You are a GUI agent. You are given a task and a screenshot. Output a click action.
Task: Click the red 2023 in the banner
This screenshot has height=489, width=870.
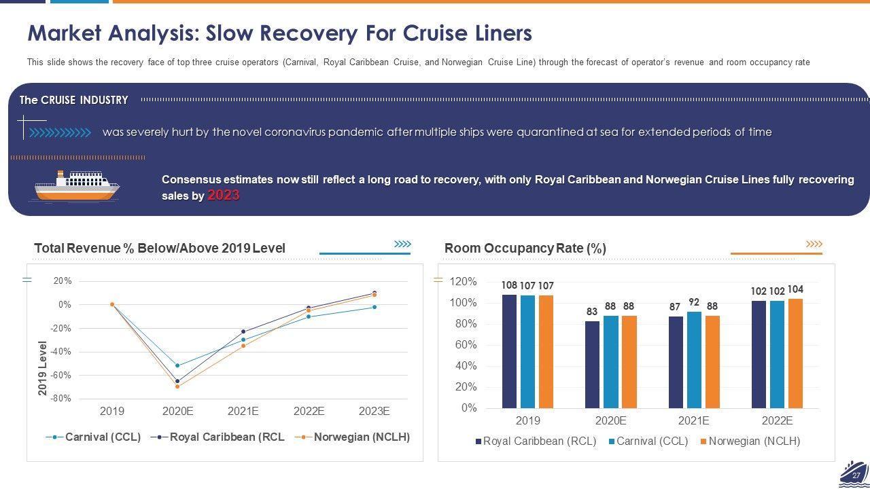pyautogui.click(x=224, y=196)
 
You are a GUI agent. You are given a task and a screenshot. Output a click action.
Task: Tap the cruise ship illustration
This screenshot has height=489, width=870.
pyautogui.click(x=77, y=185)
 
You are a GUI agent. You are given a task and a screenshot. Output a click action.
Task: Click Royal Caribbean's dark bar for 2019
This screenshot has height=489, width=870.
pyautogui.click(x=509, y=351)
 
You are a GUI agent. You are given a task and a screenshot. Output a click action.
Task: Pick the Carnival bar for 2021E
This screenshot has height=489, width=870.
pyautogui.click(x=694, y=360)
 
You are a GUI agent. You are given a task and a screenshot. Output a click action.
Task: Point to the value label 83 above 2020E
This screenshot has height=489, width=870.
pyautogui.click(x=592, y=312)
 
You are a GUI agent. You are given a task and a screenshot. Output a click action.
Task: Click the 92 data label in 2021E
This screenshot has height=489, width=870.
pyautogui.click(x=694, y=302)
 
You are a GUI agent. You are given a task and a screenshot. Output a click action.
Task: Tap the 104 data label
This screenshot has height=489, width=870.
pyautogui.click(x=795, y=289)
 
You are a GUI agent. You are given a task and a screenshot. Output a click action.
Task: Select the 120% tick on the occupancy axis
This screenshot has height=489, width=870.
pyautogui.click(x=464, y=281)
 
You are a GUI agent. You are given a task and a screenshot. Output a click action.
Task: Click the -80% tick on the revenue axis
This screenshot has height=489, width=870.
pyautogui.click(x=61, y=399)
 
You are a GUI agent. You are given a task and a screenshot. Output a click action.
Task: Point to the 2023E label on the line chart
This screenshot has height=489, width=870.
pyautogui.click(x=374, y=412)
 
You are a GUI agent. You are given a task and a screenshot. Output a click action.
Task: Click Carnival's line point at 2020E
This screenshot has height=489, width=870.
pyautogui.click(x=177, y=365)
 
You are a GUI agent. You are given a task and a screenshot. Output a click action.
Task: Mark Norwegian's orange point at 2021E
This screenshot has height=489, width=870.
pyautogui.click(x=243, y=346)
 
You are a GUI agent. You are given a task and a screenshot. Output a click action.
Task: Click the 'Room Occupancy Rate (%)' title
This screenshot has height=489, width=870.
pyautogui.click(x=525, y=249)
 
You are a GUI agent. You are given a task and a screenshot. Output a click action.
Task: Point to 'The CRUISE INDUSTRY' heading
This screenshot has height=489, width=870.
pyautogui.click(x=73, y=100)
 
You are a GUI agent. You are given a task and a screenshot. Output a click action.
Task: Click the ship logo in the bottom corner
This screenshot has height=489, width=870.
pyautogui.click(x=853, y=473)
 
